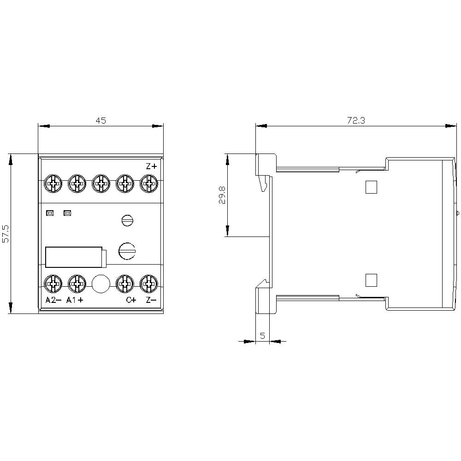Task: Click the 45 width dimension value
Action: [x=100, y=121]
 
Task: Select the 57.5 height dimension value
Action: [x=6, y=234]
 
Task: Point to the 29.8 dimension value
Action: [x=223, y=195]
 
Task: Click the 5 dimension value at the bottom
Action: [x=262, y=336]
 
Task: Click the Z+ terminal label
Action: [x=151, y=166]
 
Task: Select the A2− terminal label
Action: [x=53, y=301]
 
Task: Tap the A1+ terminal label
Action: [x=75, y=301]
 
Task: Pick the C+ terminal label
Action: [x=131, y=301]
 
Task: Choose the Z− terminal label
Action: [x=151, y=301]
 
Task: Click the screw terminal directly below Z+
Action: [x=148, y=183]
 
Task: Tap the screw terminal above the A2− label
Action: [x=53, y=283]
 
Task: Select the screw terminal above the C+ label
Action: [x=124, y=283]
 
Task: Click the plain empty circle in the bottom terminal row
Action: [x=100, y=284]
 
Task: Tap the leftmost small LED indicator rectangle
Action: [x=49, y=213]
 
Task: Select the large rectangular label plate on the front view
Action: [x=74, y=257]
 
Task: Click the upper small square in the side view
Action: [x=371, y=186]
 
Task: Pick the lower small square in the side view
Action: [x=371, y=280]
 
